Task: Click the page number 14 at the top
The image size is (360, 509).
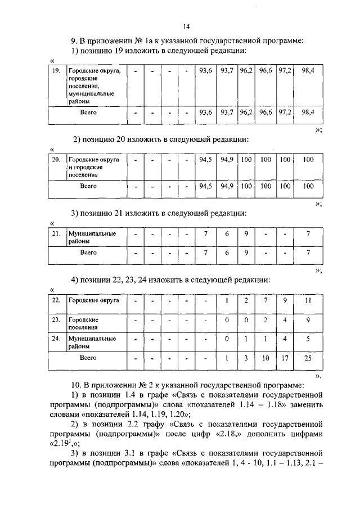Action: tap(186, 26)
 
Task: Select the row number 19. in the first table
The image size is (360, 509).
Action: tap(56, 72)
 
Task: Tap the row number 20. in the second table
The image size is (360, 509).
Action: tap(56, 160)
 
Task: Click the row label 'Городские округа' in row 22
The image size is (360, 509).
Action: tap(94, 300)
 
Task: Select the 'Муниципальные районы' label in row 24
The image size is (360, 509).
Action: tap(92, 343)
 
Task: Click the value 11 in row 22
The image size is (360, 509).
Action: tap(308, 300)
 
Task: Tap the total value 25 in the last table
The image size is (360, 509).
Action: tap(308, 358)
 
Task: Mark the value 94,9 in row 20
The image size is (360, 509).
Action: tap(227, 160)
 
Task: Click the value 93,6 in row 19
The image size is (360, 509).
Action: tap(205, 72)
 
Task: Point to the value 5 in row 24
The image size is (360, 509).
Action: tap(308, 339)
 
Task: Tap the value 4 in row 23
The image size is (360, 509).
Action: tap(285, 320)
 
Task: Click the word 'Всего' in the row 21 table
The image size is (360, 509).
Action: tap(88, 253)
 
